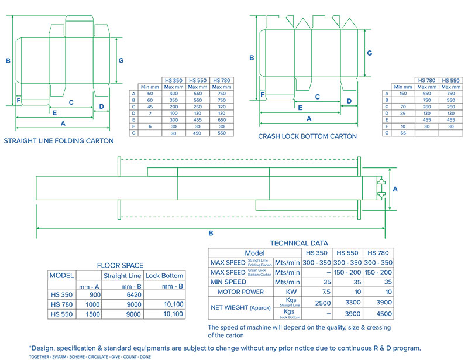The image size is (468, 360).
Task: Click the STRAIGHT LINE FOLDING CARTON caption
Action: (x=59, y=141)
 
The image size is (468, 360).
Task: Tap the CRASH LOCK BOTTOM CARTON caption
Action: (x=307, y=136)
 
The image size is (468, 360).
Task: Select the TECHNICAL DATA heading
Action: (x=299, y=243)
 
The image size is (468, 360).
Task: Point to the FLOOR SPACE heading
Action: (x=120, y=265)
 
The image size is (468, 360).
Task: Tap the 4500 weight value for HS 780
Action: (x=381, y=313)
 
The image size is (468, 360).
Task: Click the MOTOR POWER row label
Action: (x=240, y=292)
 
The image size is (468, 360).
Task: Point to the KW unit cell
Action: (x=291, y=292)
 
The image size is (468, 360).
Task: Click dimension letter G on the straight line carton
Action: (x=121, y=60)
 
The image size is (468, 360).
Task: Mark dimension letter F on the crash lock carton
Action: (x=263, y=94)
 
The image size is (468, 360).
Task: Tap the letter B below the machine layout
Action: (x=211, y=233)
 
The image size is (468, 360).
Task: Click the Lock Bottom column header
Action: (x=164, y=276)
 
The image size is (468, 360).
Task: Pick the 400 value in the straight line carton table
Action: (x=174, y=94)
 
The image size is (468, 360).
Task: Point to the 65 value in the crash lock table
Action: (x=402, y=133)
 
